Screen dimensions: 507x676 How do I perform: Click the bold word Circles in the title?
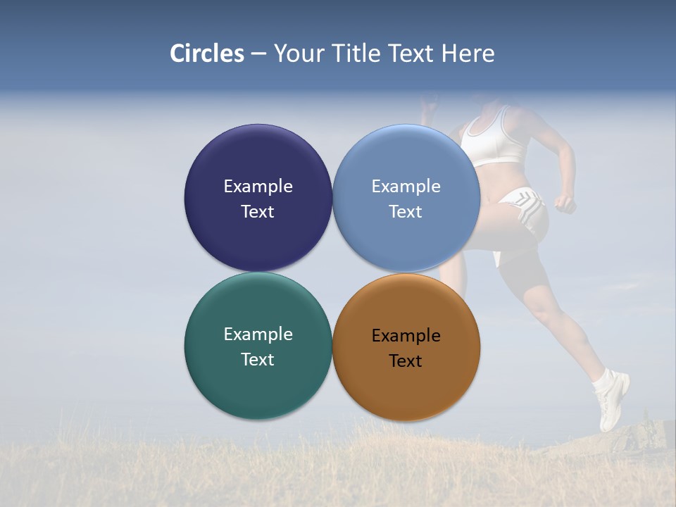207,54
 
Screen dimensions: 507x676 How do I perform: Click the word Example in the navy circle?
258,186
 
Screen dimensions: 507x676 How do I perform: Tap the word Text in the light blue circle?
406,211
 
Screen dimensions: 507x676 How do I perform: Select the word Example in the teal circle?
258,334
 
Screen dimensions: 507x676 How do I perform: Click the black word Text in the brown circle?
406,361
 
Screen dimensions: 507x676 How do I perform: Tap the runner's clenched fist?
565,204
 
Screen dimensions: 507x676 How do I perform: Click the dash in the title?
258,54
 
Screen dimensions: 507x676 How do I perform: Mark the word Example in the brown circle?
406,335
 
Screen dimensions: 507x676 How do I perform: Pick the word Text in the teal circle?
258,359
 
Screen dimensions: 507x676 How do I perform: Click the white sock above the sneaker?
603,381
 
